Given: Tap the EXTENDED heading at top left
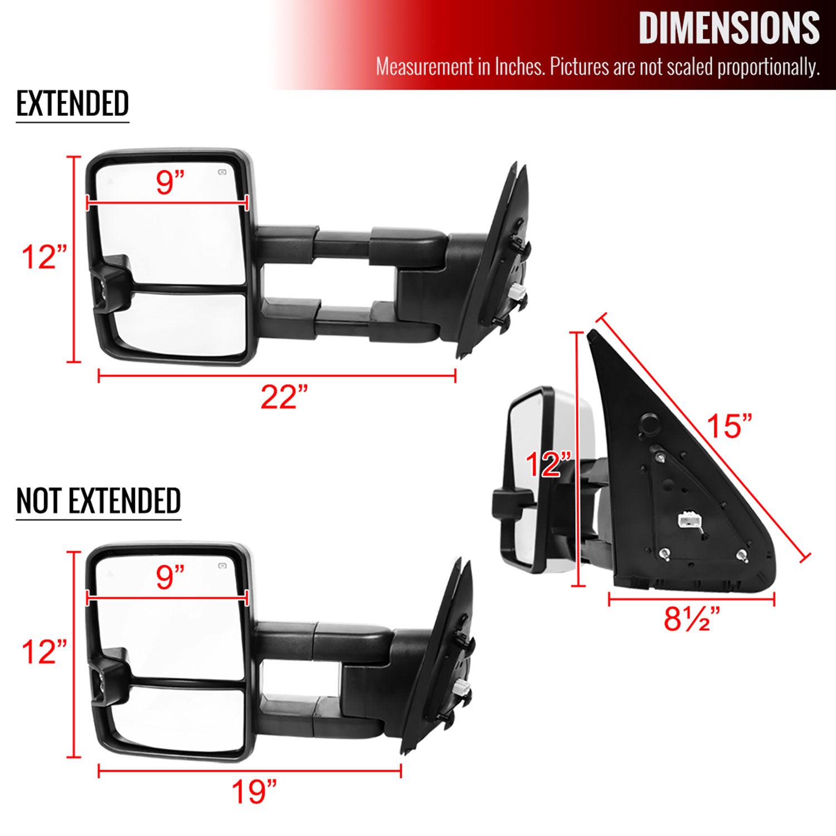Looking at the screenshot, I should point(72,104).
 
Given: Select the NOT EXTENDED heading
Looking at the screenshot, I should point(99,500).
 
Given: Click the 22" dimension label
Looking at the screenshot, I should point(284,397).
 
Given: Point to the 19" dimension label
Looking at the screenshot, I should point(254,791).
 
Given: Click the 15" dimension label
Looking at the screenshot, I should point(729,426).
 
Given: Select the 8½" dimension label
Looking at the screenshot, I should point(692,619).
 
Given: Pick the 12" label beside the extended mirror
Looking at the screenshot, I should point(44,257).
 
